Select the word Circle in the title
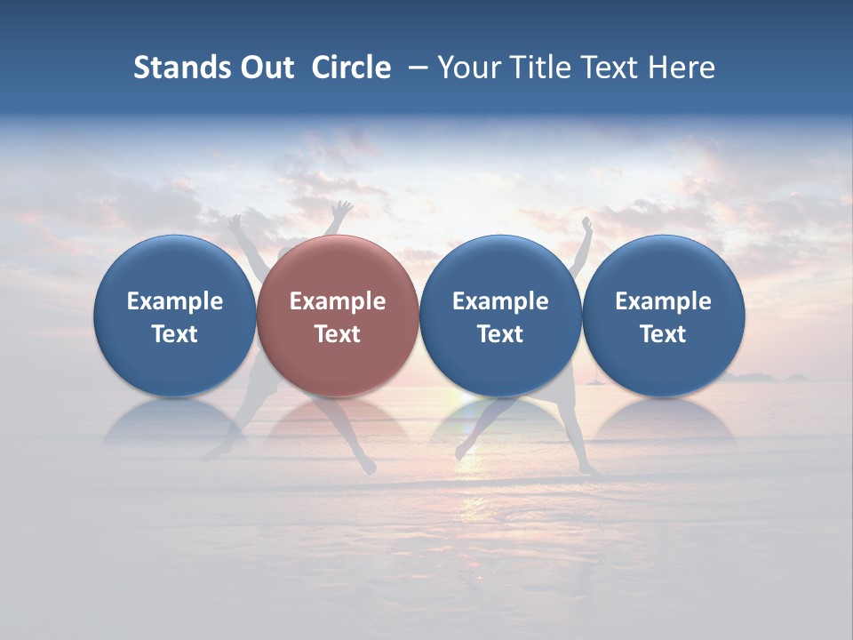(x=351, y=68)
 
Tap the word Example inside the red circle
(x=338, y=301)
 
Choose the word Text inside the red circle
(x=338, y=334)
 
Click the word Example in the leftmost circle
(x=175, y=301)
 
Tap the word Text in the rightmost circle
(x=664, y=334)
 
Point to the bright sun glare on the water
(x=471, y=462)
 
